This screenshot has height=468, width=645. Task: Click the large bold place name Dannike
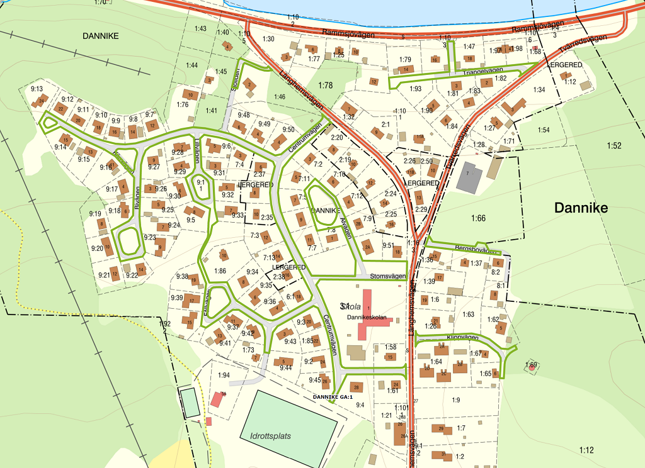click(x=580, y=208)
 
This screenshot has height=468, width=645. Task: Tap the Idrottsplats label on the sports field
click(x=268, y=435)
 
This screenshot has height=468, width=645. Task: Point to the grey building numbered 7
click(x=468, y=178)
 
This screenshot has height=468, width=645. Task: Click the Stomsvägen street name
click(x=386, y=275)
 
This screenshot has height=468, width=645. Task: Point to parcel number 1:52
click(x=614, y=146)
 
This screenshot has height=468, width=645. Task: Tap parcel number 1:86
click(x=220, y=271)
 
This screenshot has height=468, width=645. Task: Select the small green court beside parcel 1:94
click(x=190, y=403)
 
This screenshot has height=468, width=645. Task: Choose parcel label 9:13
click(x=37, y=89)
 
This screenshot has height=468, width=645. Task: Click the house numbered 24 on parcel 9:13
click(x=42, y=101)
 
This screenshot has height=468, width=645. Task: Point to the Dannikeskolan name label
click(x=367, y=318)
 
